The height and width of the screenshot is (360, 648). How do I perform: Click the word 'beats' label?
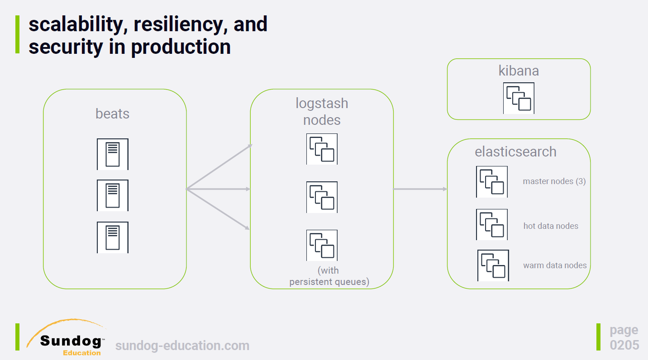[113, 114]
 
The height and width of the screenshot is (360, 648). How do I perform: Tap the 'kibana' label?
[519, 71]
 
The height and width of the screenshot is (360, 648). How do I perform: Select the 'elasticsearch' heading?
[515, 152]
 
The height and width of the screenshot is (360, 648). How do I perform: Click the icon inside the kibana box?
[519, 98]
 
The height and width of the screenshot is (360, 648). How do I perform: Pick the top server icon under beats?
[113, 154]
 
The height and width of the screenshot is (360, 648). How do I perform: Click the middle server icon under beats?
[113, 195]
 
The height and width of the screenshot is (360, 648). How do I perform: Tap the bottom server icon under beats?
[113, 237]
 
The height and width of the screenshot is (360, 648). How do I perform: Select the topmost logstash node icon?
[322, 149]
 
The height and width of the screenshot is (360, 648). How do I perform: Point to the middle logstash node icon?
[322, 197]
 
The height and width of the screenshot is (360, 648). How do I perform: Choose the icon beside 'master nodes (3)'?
[492, 182]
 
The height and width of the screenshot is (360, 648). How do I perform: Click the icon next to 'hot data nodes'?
[492, 224]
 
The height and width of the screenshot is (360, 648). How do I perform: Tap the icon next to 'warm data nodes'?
[493, 265]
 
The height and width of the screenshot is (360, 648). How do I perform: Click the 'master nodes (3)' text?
[554, 181]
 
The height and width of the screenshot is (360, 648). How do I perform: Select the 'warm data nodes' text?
[555, 265]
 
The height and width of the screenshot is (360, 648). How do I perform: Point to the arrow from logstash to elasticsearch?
[420, 189]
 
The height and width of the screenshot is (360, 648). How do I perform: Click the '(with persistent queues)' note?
[329, 276]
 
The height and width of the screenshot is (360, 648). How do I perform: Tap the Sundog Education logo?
[66, 337]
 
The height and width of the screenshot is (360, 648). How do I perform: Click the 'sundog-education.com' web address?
[182, 346]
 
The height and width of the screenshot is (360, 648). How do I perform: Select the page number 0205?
[624, 345]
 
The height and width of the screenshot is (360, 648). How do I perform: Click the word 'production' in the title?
[181, 47]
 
